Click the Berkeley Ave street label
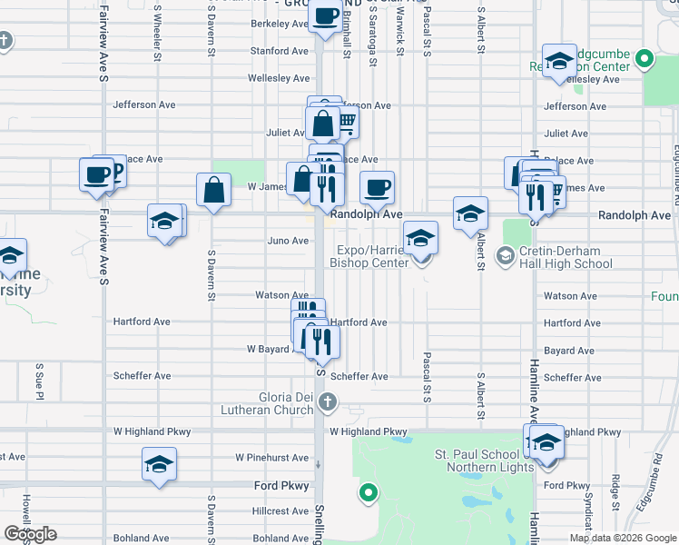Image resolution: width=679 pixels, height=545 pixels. coord(279,24)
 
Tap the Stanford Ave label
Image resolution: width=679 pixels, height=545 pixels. coord(279,51)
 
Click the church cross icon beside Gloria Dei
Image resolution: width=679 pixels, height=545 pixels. coord(329,401)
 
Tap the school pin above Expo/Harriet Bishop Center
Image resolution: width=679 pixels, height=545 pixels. coord(419,239)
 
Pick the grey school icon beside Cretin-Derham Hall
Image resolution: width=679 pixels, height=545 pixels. coord(504,257)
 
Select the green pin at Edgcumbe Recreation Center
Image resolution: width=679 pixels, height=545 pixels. coord(644,60)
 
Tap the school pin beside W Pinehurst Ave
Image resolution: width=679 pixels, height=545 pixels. coord(159,465)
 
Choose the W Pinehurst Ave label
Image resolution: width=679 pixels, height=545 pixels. coord(271,458)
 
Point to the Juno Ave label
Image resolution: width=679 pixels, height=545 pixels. coord(288,241)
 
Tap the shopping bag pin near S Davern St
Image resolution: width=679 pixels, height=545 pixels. coord(213,190)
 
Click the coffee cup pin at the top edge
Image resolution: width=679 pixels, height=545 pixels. coord(324,15)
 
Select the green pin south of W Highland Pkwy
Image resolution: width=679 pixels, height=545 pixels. coord(368,494)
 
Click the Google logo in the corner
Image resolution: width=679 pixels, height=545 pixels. coord(29,534)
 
